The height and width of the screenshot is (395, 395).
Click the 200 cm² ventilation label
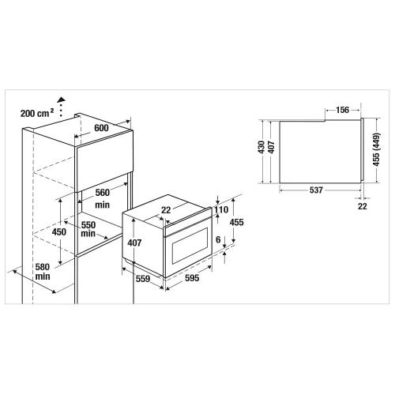tap(37, 113)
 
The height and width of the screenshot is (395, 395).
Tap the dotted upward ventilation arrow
tap(61, 107)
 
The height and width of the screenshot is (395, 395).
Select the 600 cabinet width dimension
tap(101, 128)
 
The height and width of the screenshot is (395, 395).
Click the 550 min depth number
tap(88, 229)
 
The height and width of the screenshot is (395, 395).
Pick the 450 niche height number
tap(59, 232)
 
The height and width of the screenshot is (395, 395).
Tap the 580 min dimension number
tap(43, 272)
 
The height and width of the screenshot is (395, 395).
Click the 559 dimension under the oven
tap(143, 279)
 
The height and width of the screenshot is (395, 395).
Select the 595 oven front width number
tap(192, 278)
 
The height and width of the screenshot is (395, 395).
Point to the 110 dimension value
tap(221, 209)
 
